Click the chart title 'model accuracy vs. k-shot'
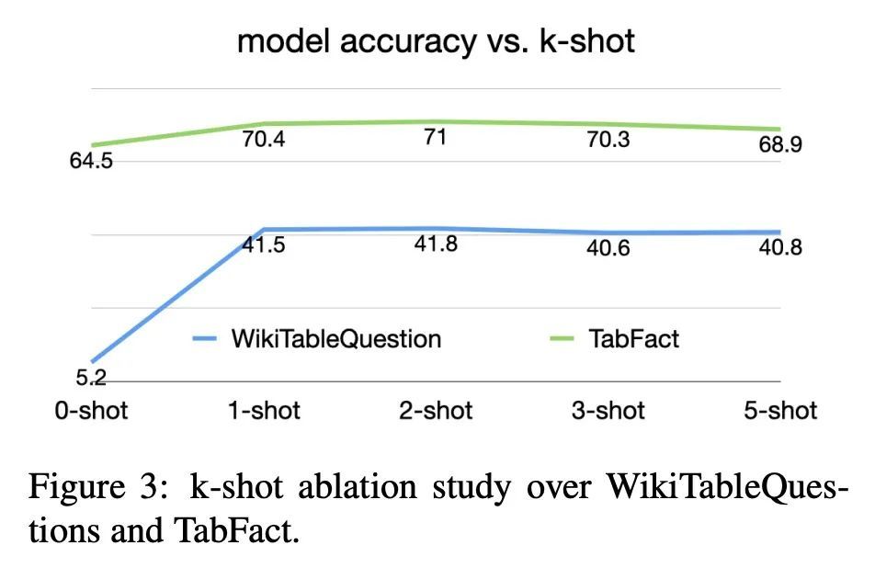(436, 41)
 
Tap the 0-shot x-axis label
(91, 410)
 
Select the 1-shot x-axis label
(264, 410)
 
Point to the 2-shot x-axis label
(436, 410)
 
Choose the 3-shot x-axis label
(608, 410)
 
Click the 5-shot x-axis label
(780, 410)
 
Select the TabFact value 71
(435, 138)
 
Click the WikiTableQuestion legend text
(335, 338)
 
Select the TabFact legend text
(633, 338)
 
